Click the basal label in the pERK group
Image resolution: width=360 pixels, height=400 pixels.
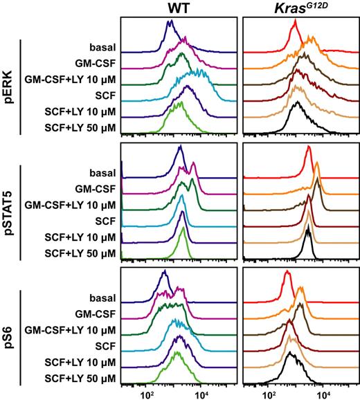pos(100,48)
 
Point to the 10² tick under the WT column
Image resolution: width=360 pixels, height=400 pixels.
pos(147,394)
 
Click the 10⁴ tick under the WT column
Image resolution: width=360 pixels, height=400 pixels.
pos(201,394)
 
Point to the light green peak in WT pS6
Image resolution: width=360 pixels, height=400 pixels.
pos(178,354)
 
